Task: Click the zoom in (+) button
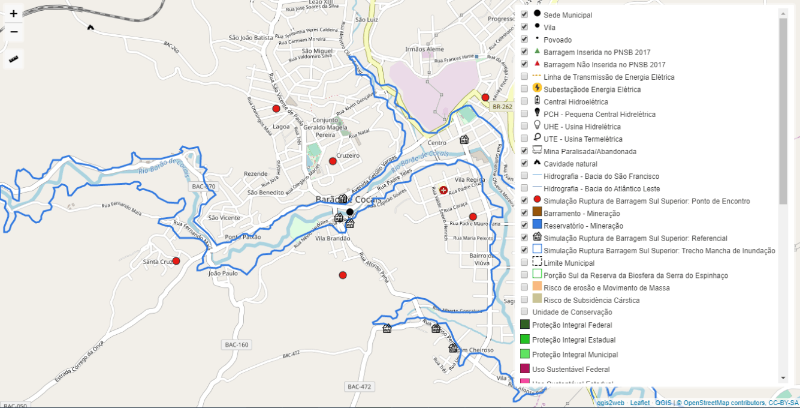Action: pos(14,13)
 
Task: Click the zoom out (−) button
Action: pos(14,32)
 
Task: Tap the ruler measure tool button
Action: pos(14,59)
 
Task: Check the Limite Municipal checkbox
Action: pos(524,262)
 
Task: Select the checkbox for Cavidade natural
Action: pos(524,163)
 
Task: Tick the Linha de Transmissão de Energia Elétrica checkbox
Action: pos(524,77)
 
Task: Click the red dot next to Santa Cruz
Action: pos(176,261)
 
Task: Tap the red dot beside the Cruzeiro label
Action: pos(333,161)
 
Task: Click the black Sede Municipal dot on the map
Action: pos(350,212)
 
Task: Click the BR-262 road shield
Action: pos(502,107)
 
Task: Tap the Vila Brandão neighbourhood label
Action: pos(333,238)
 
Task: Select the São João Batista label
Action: pos(250,38)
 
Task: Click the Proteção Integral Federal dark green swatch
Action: pos(525,325)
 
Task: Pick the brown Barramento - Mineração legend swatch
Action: pos(537,213)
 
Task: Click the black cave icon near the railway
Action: pos(90,27)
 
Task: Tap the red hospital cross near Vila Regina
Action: pos(443,190)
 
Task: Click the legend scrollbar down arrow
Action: pos(783,378)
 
